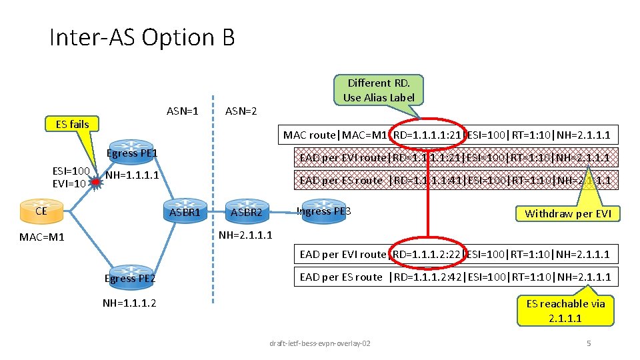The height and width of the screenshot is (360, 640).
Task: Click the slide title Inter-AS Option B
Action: pyautogui.click(x=142, y=37)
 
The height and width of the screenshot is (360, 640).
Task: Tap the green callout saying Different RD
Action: pyautogui.click(x=379, y=90)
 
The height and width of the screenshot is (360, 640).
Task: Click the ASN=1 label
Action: pyautogui.click(x=182, y=111)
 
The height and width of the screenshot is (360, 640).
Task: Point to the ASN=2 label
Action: pyautogui.click(x=241, y=111)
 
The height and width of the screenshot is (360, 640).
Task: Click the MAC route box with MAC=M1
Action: pyautogui.click(x=447, y=135)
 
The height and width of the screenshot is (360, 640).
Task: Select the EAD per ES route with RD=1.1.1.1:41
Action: pyautogui.click(x=455, y=180)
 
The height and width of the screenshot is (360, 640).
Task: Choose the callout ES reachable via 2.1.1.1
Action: pyautogui.click(x=565, y=311)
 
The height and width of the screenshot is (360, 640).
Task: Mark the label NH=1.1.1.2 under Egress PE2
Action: pyautogui.click(x=131, y=303)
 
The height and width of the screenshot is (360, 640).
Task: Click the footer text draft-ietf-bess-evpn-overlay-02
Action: pyautogui.click(x=320, y=343)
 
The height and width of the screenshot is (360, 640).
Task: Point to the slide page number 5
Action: pyautogui.click(x=588, y=343)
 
